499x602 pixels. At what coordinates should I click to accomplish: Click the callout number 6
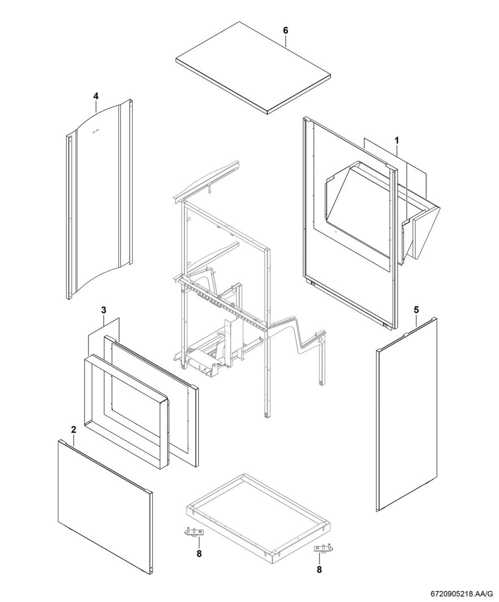click(285, 30)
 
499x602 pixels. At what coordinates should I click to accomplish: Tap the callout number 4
click(96, 96)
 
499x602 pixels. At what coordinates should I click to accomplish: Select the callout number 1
click(397, 141)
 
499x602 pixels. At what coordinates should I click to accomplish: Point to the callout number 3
click(103, 310)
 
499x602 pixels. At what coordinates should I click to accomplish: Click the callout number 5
click(416, 310)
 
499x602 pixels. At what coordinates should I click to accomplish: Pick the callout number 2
click(73, 430)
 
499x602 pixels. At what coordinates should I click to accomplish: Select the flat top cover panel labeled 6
click(253, 68)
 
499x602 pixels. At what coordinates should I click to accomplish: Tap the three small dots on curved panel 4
click(96, 131)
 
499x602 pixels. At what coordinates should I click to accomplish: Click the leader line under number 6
click(285, 41)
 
